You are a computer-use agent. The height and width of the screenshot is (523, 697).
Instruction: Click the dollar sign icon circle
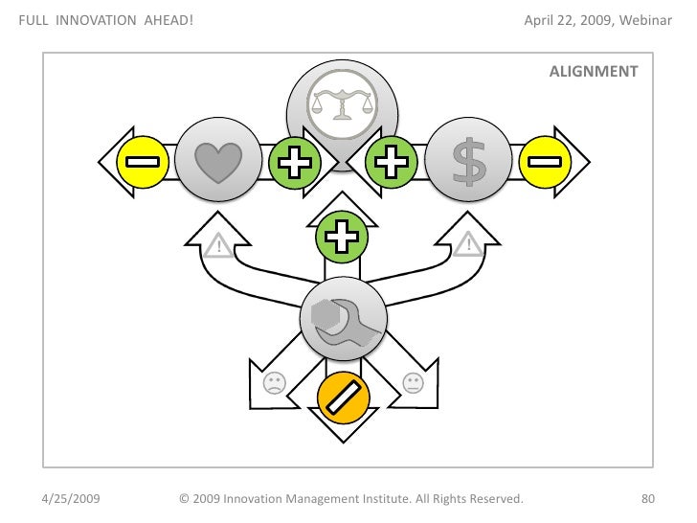point(468,162)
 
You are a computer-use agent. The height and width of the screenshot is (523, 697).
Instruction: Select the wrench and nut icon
point(343,321)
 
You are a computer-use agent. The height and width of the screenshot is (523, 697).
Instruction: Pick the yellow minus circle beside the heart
point(143,162)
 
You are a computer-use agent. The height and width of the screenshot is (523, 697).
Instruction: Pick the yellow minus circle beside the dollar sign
point(545,162)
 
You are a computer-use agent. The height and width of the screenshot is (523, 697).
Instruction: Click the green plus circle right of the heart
point(294,162)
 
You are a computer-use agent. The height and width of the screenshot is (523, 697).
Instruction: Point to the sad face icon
point(274,383)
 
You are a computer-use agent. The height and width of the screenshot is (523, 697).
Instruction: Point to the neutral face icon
point(413,383)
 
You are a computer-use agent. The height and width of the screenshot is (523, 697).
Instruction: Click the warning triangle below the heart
point(219,247)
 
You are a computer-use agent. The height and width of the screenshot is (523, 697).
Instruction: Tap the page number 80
point(647,498)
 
